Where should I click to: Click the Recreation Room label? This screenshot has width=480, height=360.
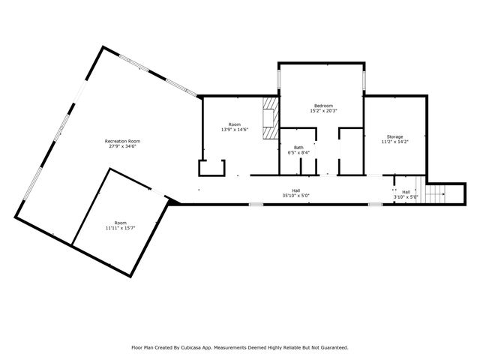click(x=123, y=141)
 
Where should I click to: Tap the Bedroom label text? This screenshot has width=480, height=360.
click(x=323, y=106)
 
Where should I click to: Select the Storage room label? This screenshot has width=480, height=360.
click(x=395, y=136)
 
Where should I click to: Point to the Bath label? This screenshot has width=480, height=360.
click(x=298, y=147)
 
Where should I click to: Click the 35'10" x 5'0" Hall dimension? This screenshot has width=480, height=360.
click(x=295, y=196)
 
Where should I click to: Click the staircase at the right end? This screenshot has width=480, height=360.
click(x=436, y=194)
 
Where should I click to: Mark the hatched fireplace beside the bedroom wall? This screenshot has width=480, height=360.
click(x=269, y=118)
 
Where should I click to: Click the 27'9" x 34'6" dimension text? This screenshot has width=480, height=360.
click(x=123, y=146)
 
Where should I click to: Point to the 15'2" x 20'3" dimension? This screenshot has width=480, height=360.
click(x=323, y=111)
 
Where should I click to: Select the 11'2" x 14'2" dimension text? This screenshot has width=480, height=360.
click(x=395, y=142)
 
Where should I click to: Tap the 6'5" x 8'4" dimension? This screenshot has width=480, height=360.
click(x=298, y=152)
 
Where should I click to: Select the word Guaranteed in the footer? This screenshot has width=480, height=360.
click(x=331, y=347)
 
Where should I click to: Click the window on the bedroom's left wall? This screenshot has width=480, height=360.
click(x=279, y=78)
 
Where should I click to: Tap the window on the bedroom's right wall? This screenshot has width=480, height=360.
click(x=365, y=78)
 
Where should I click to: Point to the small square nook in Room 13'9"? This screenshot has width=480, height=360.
click(x=211, y=167)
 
